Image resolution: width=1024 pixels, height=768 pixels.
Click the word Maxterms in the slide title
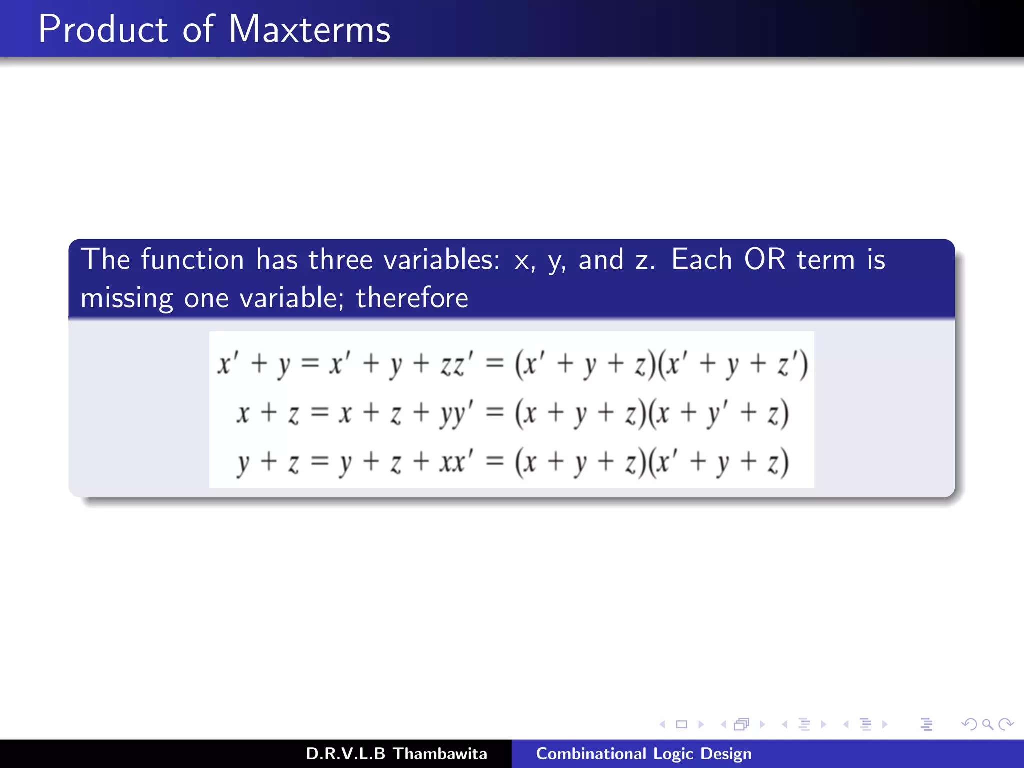pos(309,30)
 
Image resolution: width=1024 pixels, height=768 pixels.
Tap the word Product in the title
pos(103,30)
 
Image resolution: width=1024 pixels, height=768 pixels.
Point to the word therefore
pos(412,298)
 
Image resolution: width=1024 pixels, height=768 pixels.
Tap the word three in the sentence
pos(340,260)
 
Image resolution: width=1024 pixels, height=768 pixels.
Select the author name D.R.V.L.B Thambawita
pos(396,754)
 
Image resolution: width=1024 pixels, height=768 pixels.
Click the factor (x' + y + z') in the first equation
pos(732,364)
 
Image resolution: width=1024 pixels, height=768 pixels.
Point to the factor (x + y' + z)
pos(718,414)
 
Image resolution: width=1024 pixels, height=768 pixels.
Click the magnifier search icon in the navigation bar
pos(987,724)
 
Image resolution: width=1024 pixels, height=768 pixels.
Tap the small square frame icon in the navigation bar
pos(681,724)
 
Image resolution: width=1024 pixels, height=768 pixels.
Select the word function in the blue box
pos(192,260)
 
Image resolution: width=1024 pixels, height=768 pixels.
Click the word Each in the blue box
pos(701,260)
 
